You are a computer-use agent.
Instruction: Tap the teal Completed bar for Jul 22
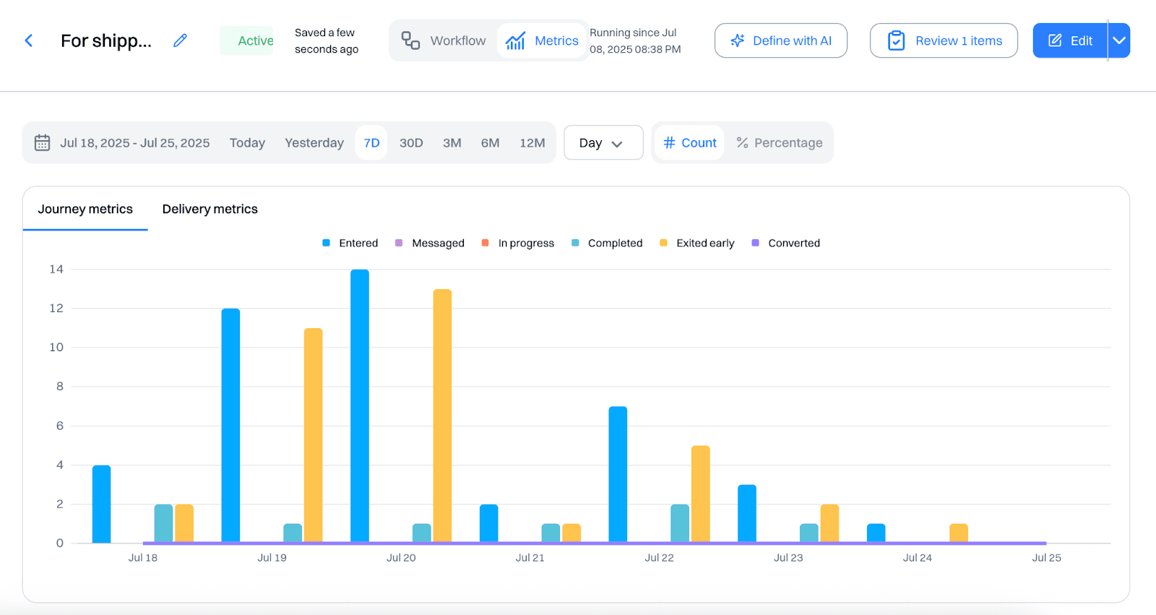[x=680, y=523]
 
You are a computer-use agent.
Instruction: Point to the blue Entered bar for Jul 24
[x=876, y=533]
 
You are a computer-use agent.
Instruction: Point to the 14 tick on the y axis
[x=56, y=270]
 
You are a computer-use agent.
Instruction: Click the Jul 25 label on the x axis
[x=1046, y=558]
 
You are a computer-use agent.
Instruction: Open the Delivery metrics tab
[x=210, y=209]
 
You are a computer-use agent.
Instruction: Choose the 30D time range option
[x=411, y=143]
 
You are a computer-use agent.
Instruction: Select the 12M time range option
[x=532, y=143]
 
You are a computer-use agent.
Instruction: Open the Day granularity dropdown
[x=603, y=143]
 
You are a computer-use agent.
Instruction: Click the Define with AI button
[x=780, y=41]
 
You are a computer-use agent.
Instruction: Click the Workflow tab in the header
[x=444, y=41]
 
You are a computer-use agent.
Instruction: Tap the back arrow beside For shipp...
[x=29, y=41]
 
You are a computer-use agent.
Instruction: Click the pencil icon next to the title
[x=180, y=41]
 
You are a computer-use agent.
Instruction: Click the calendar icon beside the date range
[x=43, y=143]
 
